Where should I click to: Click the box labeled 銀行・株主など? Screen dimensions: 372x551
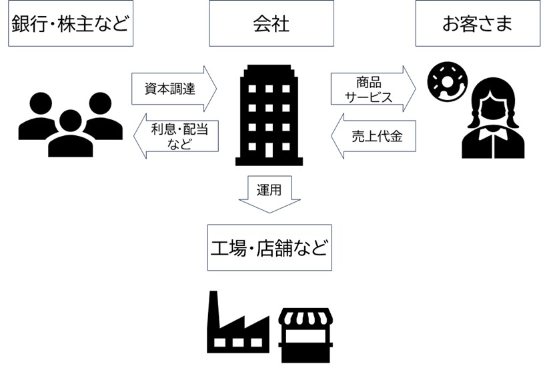[70, 23]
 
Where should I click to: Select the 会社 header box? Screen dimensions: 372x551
[271, 23]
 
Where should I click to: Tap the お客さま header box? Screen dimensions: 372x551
[477, 23]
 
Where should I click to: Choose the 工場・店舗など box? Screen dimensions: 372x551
[269, 247]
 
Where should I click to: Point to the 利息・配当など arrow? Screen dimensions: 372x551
[175, 135]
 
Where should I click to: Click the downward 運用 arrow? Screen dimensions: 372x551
[269, 193]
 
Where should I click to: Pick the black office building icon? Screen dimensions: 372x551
[269, 115]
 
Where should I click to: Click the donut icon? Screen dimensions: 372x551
[442, 82]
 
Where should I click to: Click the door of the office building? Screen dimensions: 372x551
[269, 150]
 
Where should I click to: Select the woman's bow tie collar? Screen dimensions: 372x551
[493, 136]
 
